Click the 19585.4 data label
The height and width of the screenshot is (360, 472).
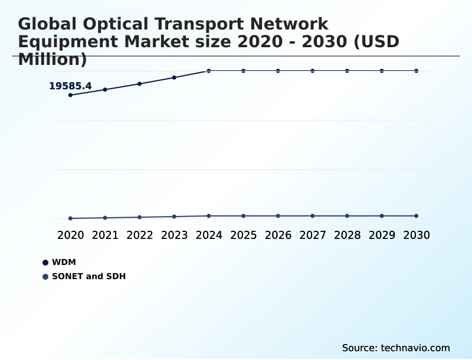70,86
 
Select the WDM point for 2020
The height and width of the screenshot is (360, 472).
70,95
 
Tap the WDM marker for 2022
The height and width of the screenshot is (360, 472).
140,84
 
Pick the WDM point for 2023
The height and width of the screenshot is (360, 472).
174,77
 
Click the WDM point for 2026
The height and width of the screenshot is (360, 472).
278,71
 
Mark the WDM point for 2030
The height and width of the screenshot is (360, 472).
417,71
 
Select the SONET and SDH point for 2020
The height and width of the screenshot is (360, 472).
70,218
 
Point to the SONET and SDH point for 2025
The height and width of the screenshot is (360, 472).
243,216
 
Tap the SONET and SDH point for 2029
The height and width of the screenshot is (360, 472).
382,216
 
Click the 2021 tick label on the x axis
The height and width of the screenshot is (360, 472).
105,235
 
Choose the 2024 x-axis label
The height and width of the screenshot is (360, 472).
209,235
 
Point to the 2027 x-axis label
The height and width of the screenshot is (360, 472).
313,235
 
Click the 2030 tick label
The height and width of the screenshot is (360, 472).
417,235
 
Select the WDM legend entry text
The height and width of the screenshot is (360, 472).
64,262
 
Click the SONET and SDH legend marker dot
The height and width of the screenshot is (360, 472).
45,276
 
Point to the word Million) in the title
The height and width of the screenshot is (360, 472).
53,59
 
